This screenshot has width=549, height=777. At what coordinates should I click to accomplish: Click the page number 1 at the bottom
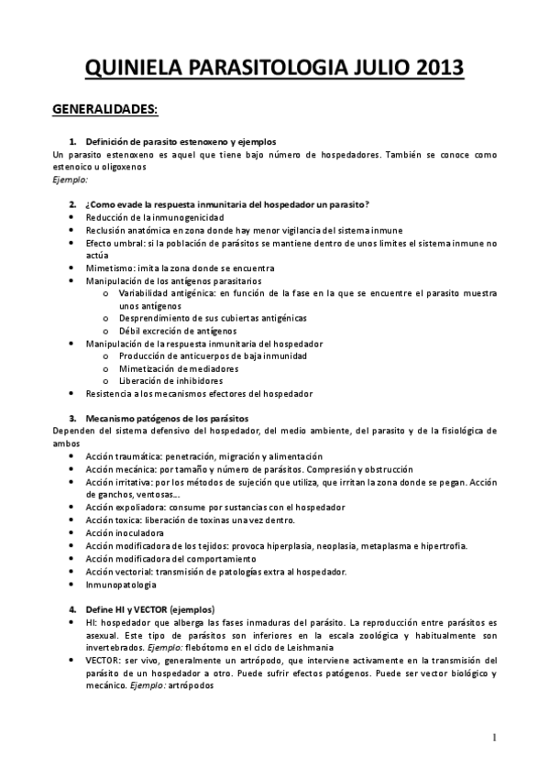click(494, 737)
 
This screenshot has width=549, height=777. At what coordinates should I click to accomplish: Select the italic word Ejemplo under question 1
click(69, 180)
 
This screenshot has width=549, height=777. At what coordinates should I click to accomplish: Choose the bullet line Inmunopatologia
click(119, 584)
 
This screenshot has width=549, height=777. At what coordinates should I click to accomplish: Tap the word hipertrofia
click(443, 545)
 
